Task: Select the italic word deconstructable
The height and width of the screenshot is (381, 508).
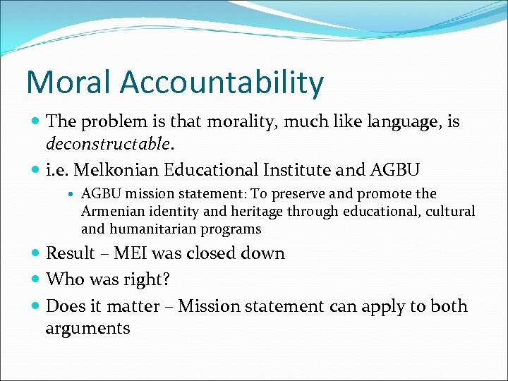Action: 108,144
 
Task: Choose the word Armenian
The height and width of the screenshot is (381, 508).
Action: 113,212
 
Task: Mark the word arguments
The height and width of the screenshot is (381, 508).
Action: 87,328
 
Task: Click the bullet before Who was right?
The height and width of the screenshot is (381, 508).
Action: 36,280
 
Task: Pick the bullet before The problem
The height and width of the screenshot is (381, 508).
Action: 36,122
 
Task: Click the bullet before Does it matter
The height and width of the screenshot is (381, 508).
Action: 36,306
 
